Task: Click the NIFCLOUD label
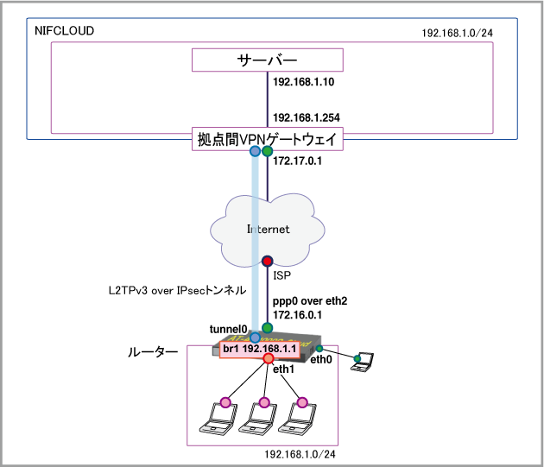click(x=64, y=31)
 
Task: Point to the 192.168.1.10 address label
click(x=303, y=82)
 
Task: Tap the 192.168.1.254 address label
click(x=306, y=117)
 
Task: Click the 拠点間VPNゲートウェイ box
click(x=267, y=138)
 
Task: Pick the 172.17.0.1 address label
click(x=297, y=161)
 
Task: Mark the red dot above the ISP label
click(x=268, y=261)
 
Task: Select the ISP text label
click(x=281, y=276)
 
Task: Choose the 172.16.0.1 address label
click(x=298, y=317)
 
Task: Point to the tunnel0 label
click(x=229, y=329)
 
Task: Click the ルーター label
click(x=154, y=353)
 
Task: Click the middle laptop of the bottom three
click(x=255, y=420)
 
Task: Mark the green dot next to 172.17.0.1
click(x=268, y=152)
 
